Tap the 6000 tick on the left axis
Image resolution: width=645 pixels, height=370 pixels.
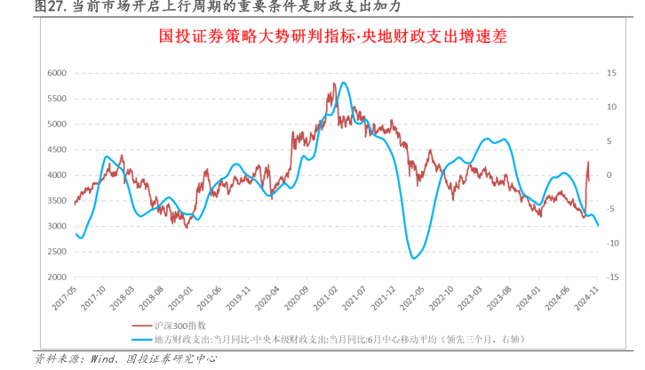pyautogui.click(x=56, y=73)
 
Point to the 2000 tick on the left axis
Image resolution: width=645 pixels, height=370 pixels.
pyautogui.click(x=56, y=277)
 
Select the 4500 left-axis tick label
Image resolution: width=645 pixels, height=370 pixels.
pyautogui.click(x=56, y=149)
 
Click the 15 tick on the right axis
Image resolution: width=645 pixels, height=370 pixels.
pyautogui.click(x=612, y=73)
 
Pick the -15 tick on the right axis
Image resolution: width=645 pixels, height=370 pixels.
pyautogui.click(x=612, y=277)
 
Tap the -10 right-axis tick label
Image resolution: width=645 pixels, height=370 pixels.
pyautogui.click(x=612, y=243)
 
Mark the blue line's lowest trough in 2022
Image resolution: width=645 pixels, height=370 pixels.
pyautogui.click(x=415, y=258)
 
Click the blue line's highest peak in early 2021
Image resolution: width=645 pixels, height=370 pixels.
pyautogui.click(x=343, y=83)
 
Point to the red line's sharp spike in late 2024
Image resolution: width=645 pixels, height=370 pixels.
pyautogui.click(x=588, y=163)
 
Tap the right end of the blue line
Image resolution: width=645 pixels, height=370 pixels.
pyautogui.click(x=598, y=225)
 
